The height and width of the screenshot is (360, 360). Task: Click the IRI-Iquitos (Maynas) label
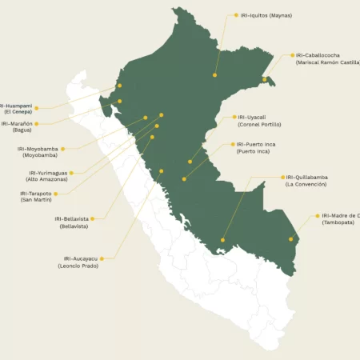click(x=266, y=15)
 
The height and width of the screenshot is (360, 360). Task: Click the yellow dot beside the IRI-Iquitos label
click(x=235, y=15)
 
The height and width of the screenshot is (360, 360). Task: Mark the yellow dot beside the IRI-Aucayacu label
click(x=101, y=258)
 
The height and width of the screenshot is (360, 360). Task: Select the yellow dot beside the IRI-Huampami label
click(x=36, y=106)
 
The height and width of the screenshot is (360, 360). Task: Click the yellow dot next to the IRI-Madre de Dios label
click(x=317, y=216)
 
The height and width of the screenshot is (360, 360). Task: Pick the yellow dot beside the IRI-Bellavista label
click(x=93, y=218)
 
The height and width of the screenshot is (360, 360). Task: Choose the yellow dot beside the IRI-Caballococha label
click(x=292, y=56)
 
